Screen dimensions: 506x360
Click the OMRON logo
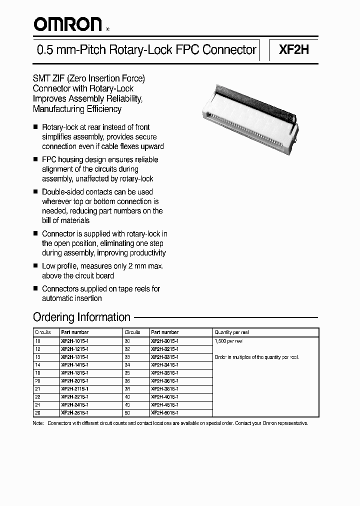[x=67, y=23]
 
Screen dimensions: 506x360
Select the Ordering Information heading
[x=81, y=317]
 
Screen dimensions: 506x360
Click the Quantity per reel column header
[x=231, y=332]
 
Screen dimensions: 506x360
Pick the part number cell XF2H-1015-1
[x=74, y=340]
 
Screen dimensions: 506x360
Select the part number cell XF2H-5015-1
[x=164, y=413]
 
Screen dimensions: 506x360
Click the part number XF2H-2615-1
[x=74, y=413]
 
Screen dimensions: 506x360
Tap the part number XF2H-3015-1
[x=164, y=340]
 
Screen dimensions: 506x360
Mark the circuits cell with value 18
[x=37, y=372]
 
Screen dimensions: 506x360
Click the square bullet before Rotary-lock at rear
[x=35, y=127]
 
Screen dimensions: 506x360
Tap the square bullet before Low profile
[x=35, y=266]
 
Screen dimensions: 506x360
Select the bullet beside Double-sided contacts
[x=35, y=192]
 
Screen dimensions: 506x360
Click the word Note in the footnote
[x=38, y=423]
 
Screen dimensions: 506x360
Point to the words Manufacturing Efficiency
[x=77, y=108]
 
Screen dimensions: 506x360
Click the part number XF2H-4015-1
[x=164, y=397]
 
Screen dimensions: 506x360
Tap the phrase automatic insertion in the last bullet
[x=72, y=298]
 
